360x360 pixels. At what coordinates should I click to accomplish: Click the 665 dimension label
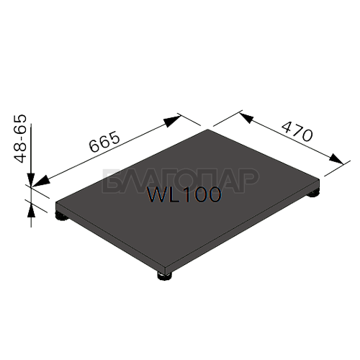pos(104,141)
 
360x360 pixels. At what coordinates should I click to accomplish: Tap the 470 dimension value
pos(297,131)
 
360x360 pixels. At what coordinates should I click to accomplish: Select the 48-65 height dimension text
pos(19,139)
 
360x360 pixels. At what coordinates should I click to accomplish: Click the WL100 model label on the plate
pos(184,194)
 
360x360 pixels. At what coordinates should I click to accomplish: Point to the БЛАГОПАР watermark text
pos(181,181)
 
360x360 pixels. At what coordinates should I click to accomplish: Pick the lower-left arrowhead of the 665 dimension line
pos(41,181)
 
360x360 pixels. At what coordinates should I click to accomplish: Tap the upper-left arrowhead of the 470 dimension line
pos(246,117)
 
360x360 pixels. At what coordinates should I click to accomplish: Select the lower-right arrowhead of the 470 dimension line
pos(336,159)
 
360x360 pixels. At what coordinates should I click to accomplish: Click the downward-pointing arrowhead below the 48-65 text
pos(31,179)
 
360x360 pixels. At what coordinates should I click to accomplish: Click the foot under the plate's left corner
pos(61,216)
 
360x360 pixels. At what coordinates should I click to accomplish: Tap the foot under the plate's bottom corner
pos(165,276)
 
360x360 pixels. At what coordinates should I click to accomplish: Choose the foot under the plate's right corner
pos(312,193)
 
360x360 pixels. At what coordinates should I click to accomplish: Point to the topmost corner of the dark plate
pos(208,130)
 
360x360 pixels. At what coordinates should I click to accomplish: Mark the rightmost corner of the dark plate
pos(320,179)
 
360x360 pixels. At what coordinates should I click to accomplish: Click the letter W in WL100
pos(156,194)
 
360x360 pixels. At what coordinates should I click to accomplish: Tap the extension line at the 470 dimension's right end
pos(337,168)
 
